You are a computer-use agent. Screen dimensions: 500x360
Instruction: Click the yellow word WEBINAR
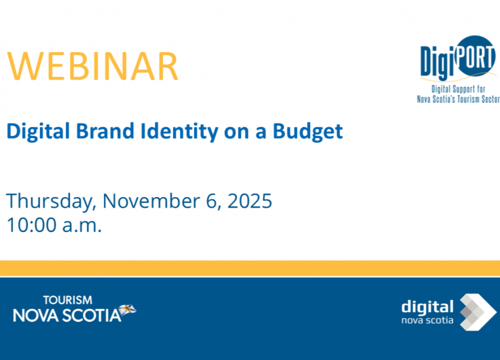[x=92, y=66]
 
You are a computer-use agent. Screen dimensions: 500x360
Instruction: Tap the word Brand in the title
[x=105, y=131]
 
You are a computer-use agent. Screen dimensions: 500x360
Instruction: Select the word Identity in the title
[x=180, y=132]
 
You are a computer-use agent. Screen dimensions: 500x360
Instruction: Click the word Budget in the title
[x=308, y=132]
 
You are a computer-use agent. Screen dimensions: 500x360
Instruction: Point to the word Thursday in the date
[x=51, y=202]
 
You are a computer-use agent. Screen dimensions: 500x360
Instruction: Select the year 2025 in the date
[x=249, y=201]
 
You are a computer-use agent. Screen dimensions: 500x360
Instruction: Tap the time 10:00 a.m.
[x=54, y=225]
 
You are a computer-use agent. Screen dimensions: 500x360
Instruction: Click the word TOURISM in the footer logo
[x=67, y=300]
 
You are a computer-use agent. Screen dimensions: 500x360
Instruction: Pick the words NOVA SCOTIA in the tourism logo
[x=67, y=315]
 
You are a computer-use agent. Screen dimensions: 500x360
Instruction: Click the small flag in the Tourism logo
[x=127, y=310]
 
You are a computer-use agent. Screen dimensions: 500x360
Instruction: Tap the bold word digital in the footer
[x=427, y=307]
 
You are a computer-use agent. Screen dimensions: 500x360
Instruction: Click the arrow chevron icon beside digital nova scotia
[x=478, y=312]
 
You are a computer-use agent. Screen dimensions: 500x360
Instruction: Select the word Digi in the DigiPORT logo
[x=437, y=62]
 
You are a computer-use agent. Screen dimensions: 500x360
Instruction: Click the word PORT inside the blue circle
[x=475, y=57]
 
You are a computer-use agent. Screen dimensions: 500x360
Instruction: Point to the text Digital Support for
[x=458, y=89]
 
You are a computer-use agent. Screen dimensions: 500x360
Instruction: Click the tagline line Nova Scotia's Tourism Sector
[x=458, y=99]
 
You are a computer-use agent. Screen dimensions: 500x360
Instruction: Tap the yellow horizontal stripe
[x=250, y=268]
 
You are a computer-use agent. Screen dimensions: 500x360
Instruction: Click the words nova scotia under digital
[x=427, y=320]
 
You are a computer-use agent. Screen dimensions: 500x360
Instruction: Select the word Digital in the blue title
[x=38, y=132]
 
